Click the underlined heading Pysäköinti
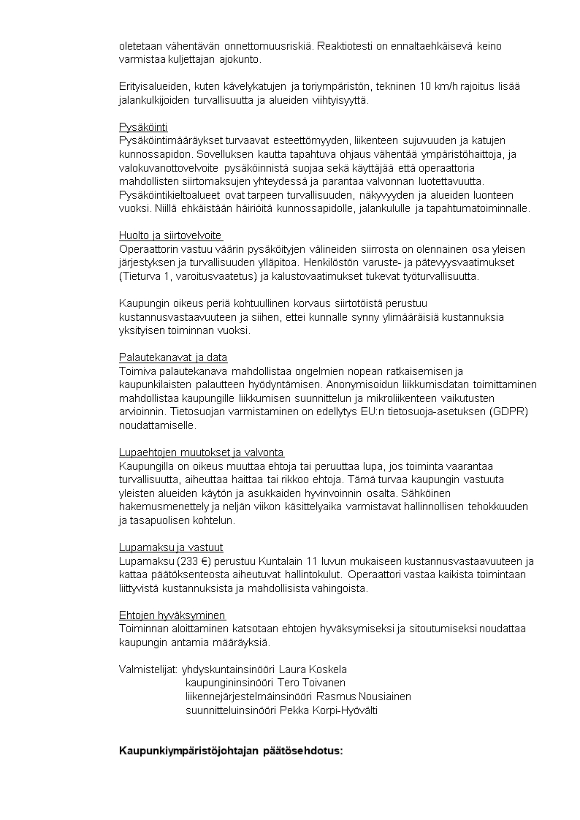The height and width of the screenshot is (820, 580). click(143, 126)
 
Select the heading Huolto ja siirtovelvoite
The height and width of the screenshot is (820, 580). click(170, 235)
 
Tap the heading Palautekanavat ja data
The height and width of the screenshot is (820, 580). click(173, 357)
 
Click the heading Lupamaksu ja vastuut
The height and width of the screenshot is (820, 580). click(171, 547)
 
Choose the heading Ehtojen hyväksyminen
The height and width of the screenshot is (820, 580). click(172, 615)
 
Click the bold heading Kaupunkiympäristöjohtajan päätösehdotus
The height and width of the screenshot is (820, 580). click(231, 751)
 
